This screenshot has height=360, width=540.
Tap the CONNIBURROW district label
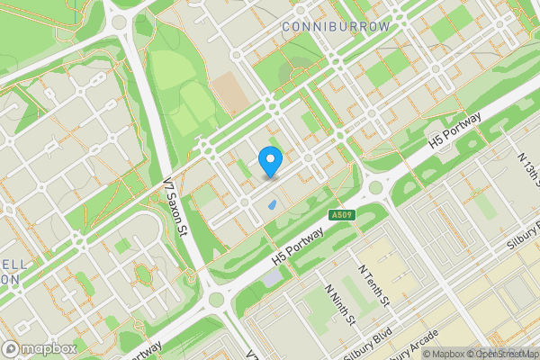click(337, 27)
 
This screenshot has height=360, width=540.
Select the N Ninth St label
click(341, 307)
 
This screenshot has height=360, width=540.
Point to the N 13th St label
click(528, 171)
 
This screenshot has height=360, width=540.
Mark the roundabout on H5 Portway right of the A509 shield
click(376, 188)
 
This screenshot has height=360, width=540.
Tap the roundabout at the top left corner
click(118, 19)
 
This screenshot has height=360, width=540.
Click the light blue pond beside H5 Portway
click(273, 277)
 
